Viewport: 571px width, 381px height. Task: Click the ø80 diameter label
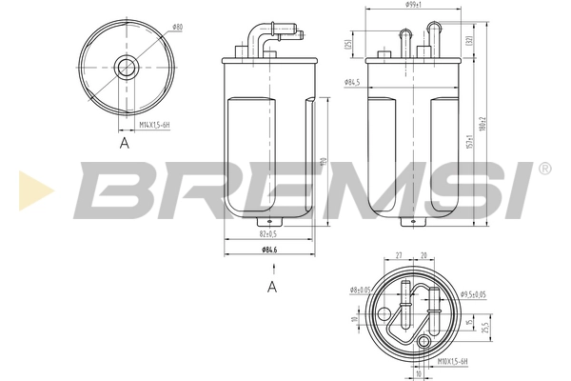point(177,28)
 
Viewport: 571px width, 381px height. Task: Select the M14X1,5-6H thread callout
point(155,124)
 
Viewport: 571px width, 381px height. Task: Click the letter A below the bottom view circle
point(124,143)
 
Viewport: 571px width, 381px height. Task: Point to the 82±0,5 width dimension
point(266,232)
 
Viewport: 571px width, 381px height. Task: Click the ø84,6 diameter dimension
point(268,250)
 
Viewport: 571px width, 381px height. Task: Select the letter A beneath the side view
point(271,286)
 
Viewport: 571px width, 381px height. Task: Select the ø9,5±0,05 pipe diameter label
point(472,295)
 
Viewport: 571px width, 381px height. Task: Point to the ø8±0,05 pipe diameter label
point(359,290)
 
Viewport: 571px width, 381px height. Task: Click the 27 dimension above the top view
point(400,255)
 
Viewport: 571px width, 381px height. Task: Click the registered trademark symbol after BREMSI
point(543,169)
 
